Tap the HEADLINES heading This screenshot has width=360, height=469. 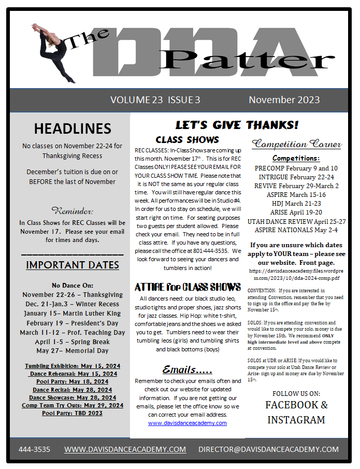pos(73,129)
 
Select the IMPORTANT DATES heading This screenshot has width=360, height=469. pos(73,265)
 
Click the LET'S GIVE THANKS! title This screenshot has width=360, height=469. pos(237,125)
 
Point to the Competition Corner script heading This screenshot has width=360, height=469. pos(297,144)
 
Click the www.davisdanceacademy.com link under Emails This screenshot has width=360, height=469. pos(188,423)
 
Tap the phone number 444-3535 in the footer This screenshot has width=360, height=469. pos(34,449)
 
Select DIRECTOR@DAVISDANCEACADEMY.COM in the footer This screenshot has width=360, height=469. pos(268,449)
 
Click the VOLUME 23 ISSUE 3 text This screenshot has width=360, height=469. pos(155,100)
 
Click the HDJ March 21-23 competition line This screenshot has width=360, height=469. pos(297,204)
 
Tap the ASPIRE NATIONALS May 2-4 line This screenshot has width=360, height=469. pos(297,230)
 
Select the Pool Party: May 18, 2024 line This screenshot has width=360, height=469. pos(73,381)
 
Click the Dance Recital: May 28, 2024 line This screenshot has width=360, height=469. pos(73,389)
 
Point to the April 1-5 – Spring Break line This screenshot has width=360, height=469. pos(73,342)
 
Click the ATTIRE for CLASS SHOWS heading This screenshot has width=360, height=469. pos(188,287)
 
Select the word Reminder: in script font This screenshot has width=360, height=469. pos(73,211)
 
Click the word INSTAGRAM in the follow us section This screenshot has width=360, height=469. pos(296,420)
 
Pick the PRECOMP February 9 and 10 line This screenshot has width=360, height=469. pos(297,168)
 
